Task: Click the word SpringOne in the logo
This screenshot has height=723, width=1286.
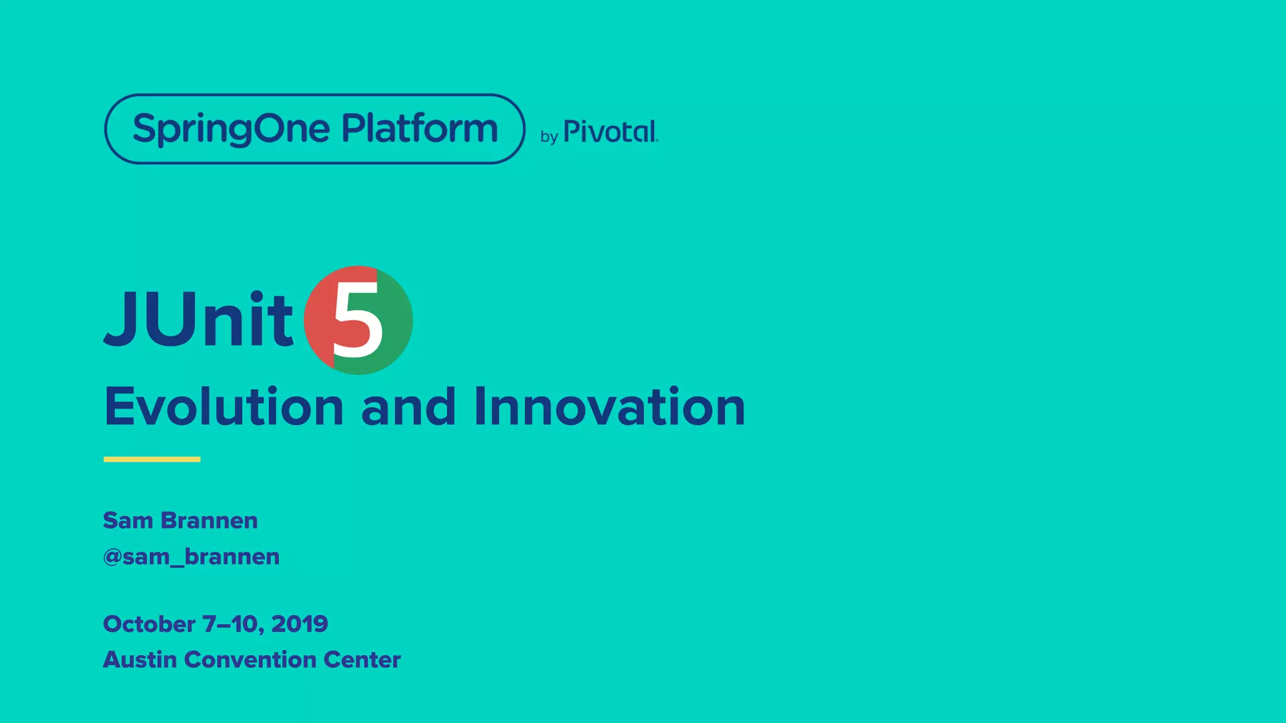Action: point(231,129)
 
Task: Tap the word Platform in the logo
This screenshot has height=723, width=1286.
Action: point(419,129)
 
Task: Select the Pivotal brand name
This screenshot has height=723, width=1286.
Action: point(610,132)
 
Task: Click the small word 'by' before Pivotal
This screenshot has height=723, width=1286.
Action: point(549,137)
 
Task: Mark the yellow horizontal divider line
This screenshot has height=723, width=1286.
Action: point(152,459)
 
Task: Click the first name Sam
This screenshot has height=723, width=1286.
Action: point(128,520)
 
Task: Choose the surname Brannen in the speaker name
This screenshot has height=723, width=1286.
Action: point(209,520)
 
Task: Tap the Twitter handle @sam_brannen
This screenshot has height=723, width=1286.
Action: point(192,557)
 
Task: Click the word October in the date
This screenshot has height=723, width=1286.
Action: point(149,624)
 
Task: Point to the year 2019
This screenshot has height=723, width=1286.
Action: point(300,624)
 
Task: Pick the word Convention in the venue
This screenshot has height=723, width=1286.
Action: point(250,660)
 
